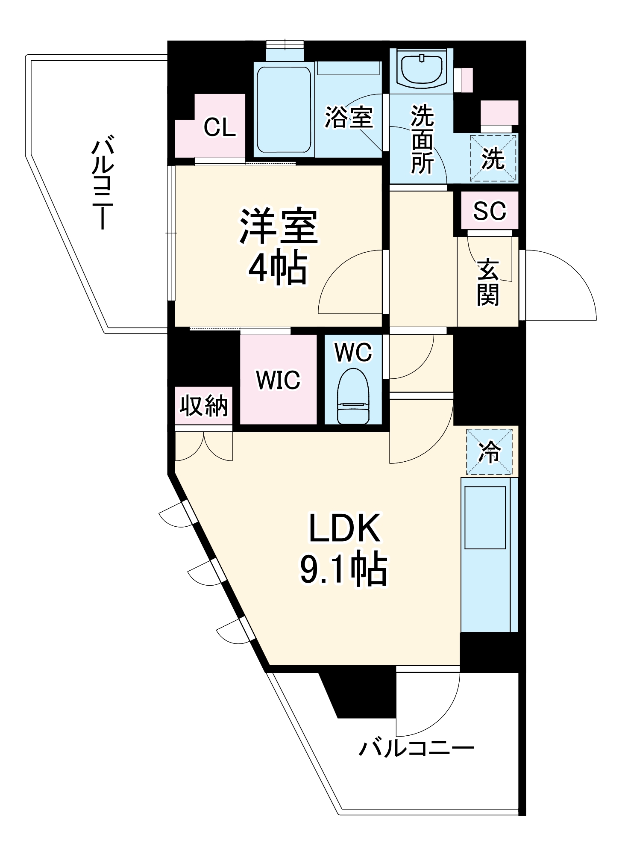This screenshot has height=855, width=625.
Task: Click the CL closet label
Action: click(220, 127)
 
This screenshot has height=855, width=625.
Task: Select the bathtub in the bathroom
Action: click(284, 110)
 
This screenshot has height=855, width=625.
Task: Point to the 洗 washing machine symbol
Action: click(493, 158)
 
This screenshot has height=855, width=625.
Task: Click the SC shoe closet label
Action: click(490, 210)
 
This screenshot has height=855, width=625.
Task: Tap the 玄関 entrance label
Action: click(488, 283)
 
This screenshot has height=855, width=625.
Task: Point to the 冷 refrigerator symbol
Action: click(489, 451)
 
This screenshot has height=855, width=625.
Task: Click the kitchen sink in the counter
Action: click(485, 517)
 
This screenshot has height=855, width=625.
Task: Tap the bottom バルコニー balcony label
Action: click(417, 748)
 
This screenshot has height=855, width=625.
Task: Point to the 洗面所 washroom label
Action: click(422, 140)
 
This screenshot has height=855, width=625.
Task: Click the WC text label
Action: click(353, 352)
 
